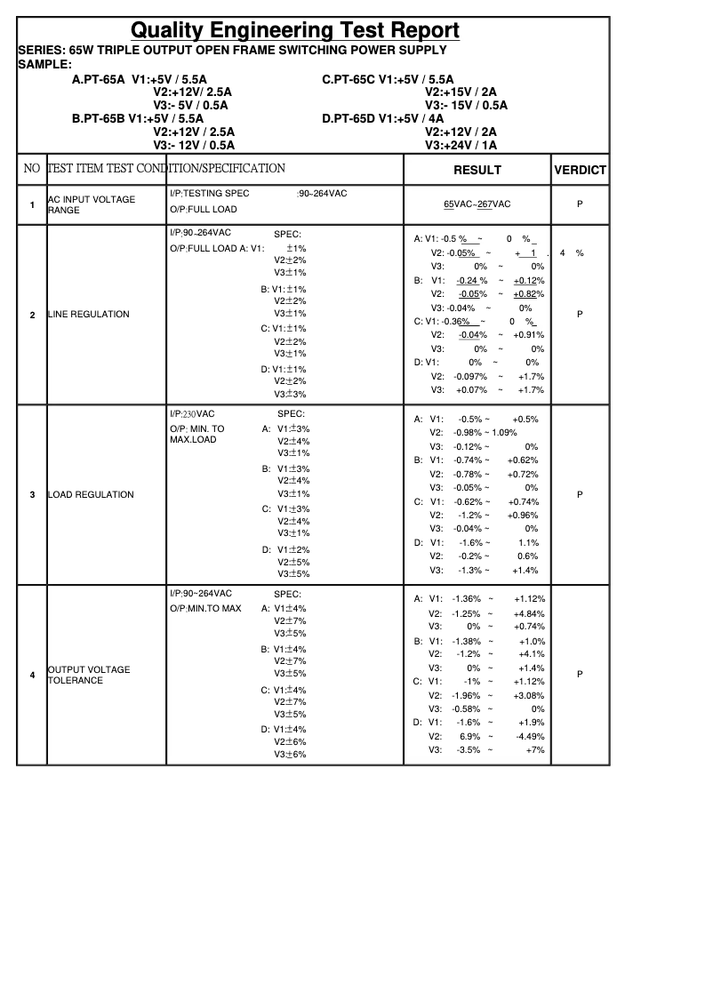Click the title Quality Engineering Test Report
(x=295, y=31)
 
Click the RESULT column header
(x=477, y=170)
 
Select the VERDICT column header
(x=580, y=170)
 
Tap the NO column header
(x=32, y=169)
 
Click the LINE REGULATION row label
(x=88, y=315)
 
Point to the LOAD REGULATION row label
(x=91, y=495)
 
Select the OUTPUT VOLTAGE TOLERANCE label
(x=88, y=676)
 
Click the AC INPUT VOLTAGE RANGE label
(x=91, y=205)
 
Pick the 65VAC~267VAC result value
(x=477, y=204)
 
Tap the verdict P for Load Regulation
(x=580, y=495)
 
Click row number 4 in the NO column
(x=32, y=676)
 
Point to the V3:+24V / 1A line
(x=461, y=145)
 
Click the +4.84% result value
(x=529, y=613)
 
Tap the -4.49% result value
(x=530, y=736)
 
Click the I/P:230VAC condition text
(x=192, y=414)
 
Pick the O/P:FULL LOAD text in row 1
(x=204, y=210)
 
